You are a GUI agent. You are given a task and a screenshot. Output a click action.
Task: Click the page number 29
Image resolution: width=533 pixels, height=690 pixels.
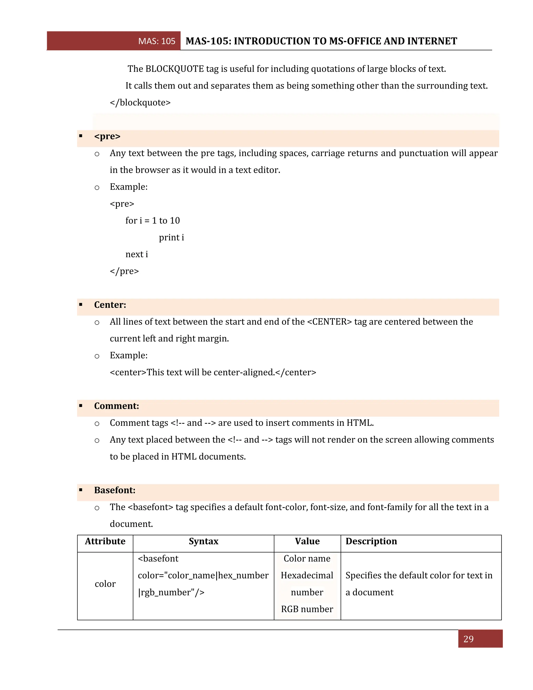coord(468,639)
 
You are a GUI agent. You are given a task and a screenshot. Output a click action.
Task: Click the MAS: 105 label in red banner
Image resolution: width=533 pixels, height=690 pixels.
coord(157,41)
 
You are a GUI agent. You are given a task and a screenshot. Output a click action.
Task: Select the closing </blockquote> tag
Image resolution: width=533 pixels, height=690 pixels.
coord(140,103)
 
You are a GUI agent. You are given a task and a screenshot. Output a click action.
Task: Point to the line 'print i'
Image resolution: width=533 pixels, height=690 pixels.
coord(171,237)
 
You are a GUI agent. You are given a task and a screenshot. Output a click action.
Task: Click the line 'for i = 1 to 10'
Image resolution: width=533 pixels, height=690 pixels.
coord(153,221)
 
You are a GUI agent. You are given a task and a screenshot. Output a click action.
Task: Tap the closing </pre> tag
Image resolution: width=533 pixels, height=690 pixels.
coord(124,271)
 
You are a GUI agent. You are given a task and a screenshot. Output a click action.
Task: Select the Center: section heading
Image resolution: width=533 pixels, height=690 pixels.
coord(110,305)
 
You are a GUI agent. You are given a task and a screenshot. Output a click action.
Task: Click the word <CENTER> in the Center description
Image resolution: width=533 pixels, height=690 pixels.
coord(329,322)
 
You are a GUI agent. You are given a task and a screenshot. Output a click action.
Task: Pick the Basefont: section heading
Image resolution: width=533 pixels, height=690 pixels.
coord(115,490)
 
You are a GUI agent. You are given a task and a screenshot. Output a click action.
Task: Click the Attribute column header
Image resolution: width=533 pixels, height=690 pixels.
coord(105,541)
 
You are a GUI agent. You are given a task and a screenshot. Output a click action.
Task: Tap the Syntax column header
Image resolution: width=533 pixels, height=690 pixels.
coord(203,541)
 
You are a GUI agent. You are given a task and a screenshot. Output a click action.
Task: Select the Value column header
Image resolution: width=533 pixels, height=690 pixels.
coord(307,541)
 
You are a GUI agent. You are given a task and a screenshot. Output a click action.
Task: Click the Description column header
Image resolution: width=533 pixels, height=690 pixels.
coord(371,541)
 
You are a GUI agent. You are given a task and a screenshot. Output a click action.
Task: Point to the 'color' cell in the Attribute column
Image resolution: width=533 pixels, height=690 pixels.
coord(105,584)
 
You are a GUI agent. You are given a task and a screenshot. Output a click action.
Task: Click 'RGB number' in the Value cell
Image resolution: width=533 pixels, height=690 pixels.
coord(307,609)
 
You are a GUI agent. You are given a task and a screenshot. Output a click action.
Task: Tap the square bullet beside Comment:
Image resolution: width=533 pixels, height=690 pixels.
coord(81,406)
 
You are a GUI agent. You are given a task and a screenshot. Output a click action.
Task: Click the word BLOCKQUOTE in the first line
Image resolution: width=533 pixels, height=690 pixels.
coord(175,69)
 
